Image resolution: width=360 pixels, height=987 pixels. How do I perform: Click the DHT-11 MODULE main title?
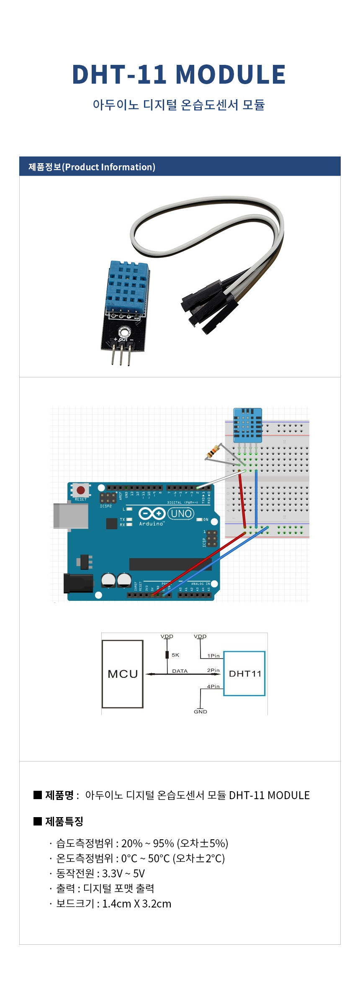coord(179,74)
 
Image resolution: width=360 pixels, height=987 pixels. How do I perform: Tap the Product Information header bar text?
coord(92,167)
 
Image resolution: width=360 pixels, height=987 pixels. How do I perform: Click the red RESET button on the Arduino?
coord(81,490)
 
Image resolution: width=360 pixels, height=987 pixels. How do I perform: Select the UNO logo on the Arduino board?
coord(181,513)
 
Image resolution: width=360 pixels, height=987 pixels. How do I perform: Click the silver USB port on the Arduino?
coord(71,516)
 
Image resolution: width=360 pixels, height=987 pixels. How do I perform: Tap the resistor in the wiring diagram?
coord(213,452)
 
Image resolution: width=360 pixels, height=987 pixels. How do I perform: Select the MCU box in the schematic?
coord(123,674)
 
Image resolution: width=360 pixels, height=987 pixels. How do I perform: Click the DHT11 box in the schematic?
coord(244,674)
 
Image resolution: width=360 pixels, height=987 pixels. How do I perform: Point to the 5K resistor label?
coord(175,655)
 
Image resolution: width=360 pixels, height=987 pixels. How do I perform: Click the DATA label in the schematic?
coord(180,671)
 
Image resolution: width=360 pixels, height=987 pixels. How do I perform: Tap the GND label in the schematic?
coord(201,711)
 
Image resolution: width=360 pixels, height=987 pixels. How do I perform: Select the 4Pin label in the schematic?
coord(213,686)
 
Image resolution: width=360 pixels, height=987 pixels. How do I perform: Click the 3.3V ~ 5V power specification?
coord(123,874)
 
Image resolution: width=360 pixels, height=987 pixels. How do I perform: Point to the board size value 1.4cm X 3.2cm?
coord(136,904)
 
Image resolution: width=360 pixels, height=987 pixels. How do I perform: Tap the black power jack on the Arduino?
coord(78,583)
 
